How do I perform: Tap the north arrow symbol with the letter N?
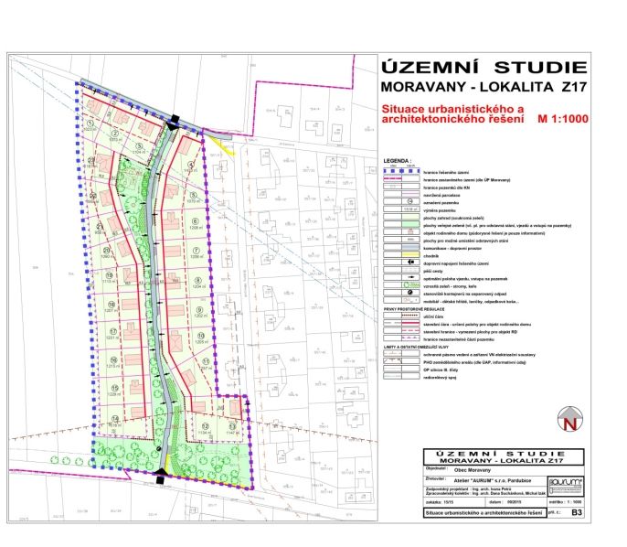(x=569, y=423)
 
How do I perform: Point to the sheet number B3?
(x=576, y=515)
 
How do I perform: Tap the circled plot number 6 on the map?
(x=195, y=220)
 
